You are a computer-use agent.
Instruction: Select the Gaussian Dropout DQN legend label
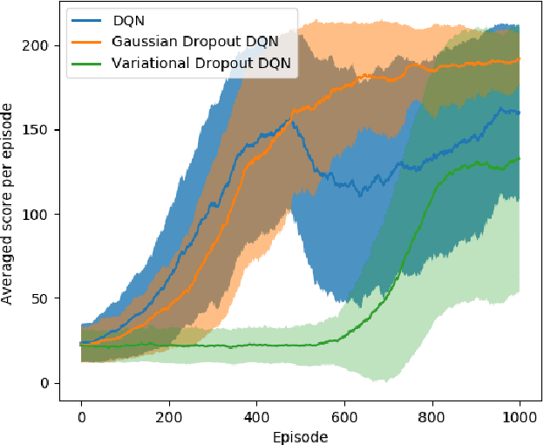pyautogui.click(x=187, y=41)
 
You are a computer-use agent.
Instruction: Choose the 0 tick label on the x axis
pyautogui.click(x=81, y=416)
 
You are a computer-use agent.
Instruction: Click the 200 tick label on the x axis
pyautogui.click(x=169, y=416)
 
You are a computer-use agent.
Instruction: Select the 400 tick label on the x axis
pyautogui.click(x=256, y=416)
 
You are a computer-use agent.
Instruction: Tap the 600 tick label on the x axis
pyautogui.click(x=344, y=416)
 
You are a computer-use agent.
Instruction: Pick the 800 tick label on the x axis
pyautogui.click(x=432, y=416)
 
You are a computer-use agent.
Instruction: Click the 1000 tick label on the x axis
pyautogui.click(x=520, y=416)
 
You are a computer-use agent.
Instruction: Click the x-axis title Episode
pyautogui.click(x=300, y=435)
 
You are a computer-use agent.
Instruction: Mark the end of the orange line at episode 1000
pyautogui.click(x=520, y=59)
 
